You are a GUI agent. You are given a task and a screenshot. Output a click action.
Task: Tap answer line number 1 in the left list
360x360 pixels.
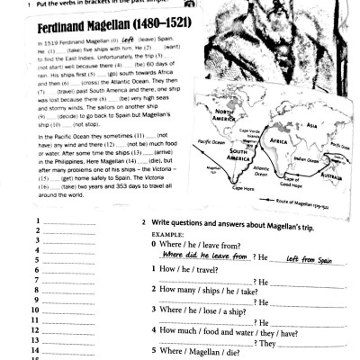coord(54,221)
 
